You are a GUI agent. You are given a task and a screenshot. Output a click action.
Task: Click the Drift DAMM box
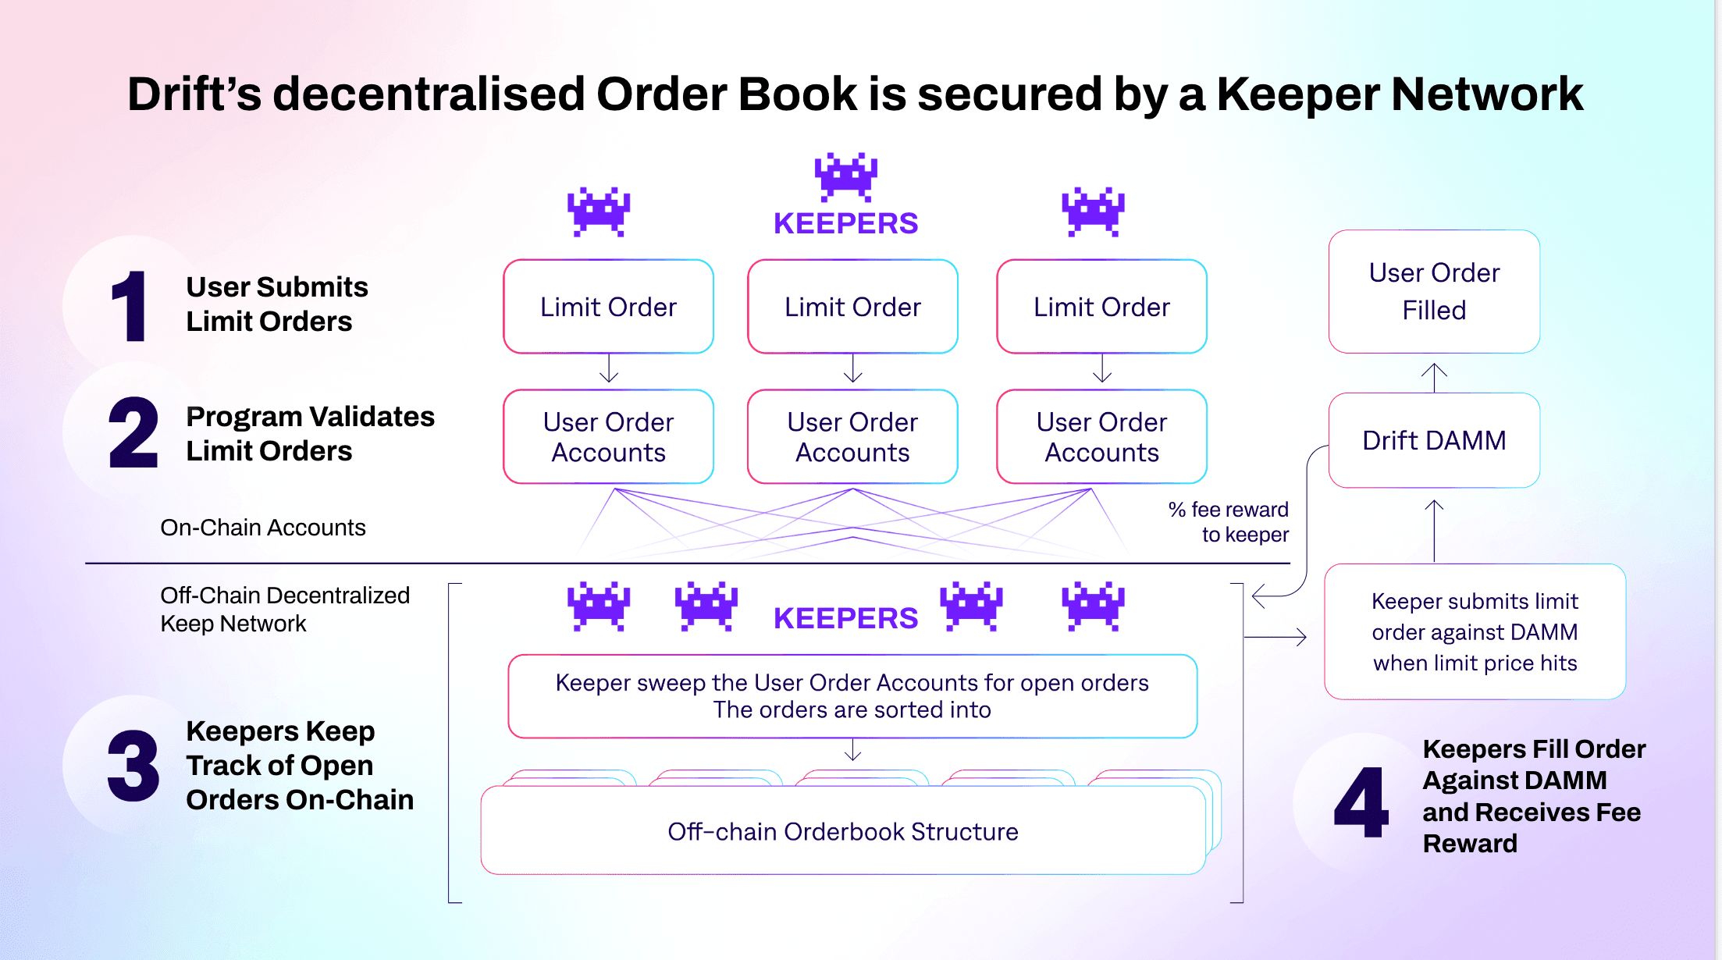pos(1434,440)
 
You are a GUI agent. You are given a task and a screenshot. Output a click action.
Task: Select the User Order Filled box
pos(1434,291)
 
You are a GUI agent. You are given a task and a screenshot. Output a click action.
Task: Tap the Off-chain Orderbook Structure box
pos(843,830)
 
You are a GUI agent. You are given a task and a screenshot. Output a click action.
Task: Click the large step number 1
pos(129,306)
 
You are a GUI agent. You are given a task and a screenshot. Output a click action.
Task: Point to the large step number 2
pos(133,432)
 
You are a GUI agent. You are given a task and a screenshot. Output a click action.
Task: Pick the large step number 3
pos(133,766)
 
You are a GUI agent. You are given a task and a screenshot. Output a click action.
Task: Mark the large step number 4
pos(1361,802)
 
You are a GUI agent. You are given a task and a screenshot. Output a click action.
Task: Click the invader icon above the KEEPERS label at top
pos(846,176)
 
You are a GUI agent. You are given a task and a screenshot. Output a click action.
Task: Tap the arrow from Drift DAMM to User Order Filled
pos(1434,378)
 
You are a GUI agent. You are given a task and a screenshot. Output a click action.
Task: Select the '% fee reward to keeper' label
pos(1229,522)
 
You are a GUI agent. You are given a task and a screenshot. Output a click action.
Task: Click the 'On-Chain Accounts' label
pos(263,528)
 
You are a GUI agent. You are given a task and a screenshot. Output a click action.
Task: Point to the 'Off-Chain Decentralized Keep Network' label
pos(285,610)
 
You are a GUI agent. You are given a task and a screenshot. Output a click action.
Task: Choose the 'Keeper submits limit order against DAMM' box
pos(1475,631)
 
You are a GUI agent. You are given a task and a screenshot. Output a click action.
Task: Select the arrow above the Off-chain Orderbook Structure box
pos(853,750)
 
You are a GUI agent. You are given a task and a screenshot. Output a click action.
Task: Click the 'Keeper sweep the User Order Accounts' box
pos(852,696)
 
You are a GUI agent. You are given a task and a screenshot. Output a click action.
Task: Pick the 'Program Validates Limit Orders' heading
pos(310,434)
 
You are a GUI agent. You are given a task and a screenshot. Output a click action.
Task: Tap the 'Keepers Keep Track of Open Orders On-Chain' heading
pos(300,766)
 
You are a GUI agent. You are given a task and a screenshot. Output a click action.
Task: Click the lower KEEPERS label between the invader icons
pos(845,618)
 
